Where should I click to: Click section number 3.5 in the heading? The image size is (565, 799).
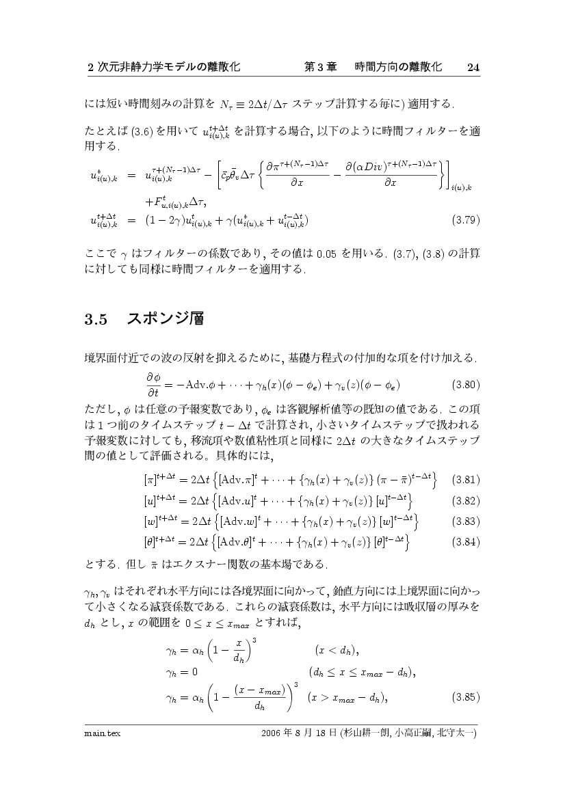coord(96,319)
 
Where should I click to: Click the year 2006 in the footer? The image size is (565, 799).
coord(273,734)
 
